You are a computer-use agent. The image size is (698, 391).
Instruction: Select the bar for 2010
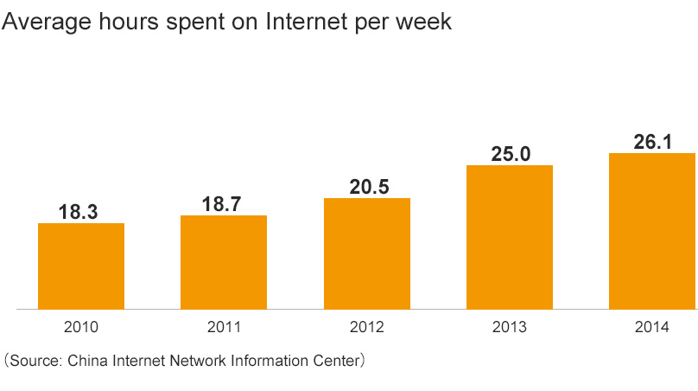(x=81, y=266)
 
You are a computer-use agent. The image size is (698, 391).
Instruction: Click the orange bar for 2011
(x=224, y=261)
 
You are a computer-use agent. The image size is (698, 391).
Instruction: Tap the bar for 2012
(x=367, y=253)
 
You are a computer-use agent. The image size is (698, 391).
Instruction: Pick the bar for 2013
(x=510, y=236)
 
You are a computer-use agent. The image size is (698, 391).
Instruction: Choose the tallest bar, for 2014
(x=652, y=230)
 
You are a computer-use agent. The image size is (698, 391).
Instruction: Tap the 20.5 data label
(x=367, y=186)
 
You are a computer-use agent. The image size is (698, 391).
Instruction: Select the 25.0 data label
(x=510, y=154)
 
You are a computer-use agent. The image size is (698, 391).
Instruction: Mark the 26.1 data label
(x=652, y=142)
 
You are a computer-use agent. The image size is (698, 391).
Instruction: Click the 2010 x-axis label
(x=81, y=327)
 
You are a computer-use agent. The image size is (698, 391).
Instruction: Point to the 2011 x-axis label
(x=224, y=327)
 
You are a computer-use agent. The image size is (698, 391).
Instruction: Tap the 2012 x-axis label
(x=367, y=327)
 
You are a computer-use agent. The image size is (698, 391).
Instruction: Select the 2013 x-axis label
(x=510, y=327)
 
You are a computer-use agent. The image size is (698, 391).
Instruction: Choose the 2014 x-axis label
(x=652, y=327)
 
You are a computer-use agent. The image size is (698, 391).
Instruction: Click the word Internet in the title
(x=304, y=22)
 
